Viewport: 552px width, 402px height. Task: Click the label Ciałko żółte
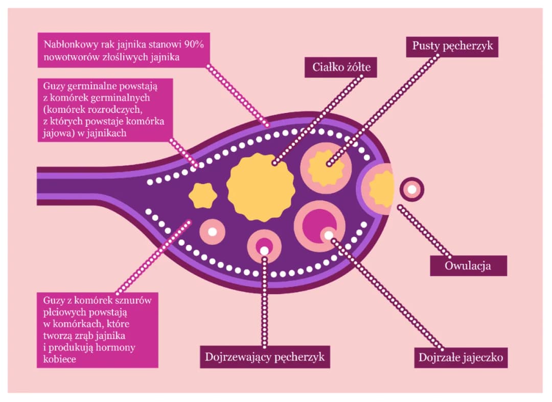click(x=341, y=67)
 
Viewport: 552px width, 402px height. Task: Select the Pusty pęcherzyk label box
click(x=452, y=46)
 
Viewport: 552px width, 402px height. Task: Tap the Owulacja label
click(x=468, y=266)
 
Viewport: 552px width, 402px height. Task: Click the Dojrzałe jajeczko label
click(x=461, y=357)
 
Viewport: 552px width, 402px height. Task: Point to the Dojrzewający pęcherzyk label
click(x=264, y=357)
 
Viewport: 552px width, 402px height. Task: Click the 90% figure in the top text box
click(x=193, y=44)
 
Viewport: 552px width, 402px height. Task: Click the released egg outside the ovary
click(x=411, y=190)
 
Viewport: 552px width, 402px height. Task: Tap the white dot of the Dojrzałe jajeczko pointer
click(x=329, y=236)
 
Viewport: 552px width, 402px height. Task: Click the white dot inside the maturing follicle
click(x=264, y=251)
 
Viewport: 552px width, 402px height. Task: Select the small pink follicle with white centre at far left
click(x=212, y=231)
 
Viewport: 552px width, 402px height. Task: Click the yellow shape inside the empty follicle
click(x=326, y=167)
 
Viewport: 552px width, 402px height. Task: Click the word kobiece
click(x=58, y=359)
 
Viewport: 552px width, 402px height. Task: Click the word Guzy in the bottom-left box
click(x=54, y=300)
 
